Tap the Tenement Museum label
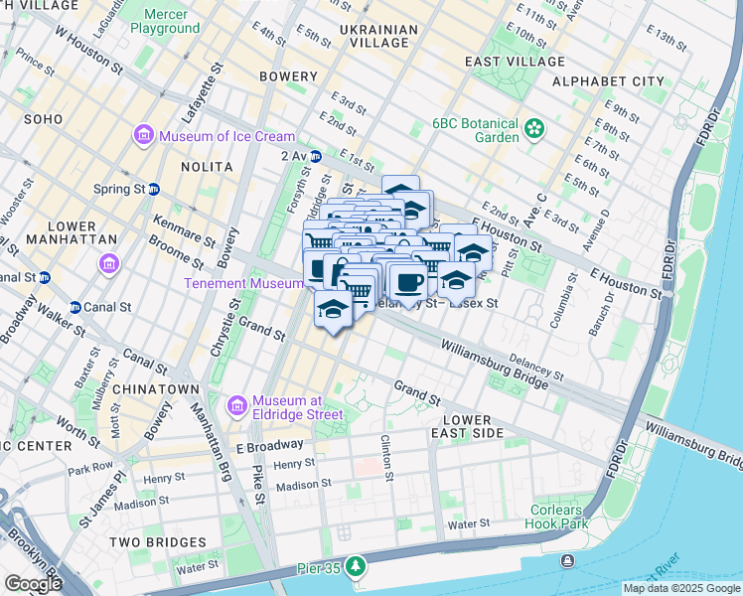pyautogui.click(x=242, y=283)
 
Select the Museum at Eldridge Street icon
pyautogui.click(x=236, y=405)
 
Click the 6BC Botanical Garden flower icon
pyautogui.click(x=535, y=127)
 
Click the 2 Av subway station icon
pyautogui.click(x=315, y=155)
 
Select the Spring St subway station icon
pyautogui.click(x=154, y=188)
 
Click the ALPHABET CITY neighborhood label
pyautogui.click(x=608, y=80)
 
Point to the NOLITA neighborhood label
pyautogui.click(x=207, y=167)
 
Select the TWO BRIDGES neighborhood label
pyautogui.click(x=157, y=542)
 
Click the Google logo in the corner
pyautogui.click(x=33, y=583)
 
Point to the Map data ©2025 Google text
pyautogui.click(x=681, y=588)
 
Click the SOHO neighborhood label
pyautogui.click(x=43, y=118)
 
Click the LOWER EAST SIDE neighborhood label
pyautogui.click(x=467, y=426)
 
